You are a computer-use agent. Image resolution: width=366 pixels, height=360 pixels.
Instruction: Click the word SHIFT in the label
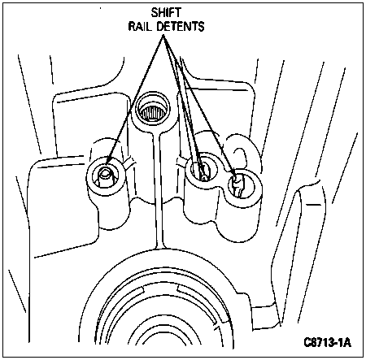click(166, 13)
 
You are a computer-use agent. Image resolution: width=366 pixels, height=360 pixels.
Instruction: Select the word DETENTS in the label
click(181, 26)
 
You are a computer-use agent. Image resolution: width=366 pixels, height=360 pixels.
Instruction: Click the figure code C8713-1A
click(327, 342)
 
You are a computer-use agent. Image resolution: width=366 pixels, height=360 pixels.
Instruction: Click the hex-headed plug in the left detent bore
click(106, 177)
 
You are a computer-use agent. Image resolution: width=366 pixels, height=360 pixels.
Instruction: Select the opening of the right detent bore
click(241, 186)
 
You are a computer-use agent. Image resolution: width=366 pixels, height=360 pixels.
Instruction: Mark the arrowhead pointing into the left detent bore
click(107, 162)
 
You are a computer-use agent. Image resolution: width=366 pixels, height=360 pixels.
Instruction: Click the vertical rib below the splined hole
click(159, 189)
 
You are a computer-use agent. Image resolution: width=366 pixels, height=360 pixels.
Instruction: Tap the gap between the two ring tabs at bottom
click(160, 290)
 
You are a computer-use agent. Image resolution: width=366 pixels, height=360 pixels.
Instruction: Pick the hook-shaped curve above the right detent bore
click(242, 154)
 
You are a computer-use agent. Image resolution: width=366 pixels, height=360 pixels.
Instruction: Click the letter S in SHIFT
click(155, 13)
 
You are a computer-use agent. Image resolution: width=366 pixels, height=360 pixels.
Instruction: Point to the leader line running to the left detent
click(136, 100)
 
